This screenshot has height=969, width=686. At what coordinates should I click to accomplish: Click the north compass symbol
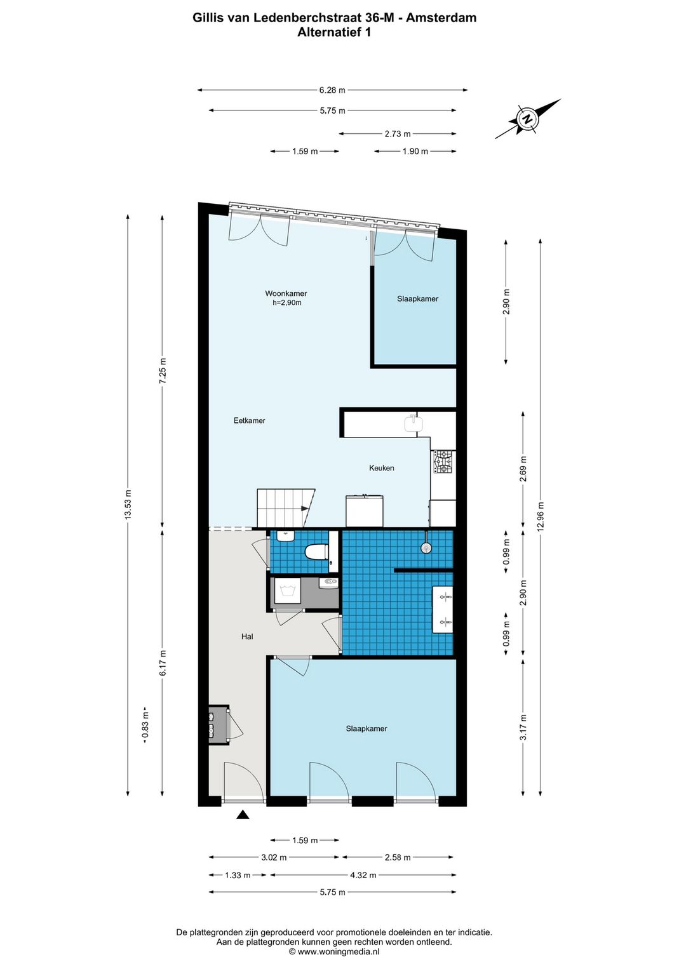click(528, 119)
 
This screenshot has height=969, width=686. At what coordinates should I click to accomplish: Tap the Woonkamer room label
click(286, 293)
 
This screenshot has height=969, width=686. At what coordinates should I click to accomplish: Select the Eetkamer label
click(249, 420)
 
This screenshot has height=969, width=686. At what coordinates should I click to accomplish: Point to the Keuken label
click(381, 467)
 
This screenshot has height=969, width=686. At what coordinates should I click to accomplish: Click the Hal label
click(247, 636)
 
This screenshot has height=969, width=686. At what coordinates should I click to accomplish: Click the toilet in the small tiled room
click(316, 552)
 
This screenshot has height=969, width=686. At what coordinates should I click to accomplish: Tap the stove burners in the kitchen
click(443, 462)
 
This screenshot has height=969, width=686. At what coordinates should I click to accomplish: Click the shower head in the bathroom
click(426, 547)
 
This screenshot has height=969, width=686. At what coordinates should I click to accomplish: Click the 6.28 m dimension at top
click(332, 90)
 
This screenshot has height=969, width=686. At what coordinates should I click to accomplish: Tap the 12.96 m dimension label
click(540, 518)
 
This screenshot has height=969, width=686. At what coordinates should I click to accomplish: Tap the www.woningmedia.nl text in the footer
click(339, 951)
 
